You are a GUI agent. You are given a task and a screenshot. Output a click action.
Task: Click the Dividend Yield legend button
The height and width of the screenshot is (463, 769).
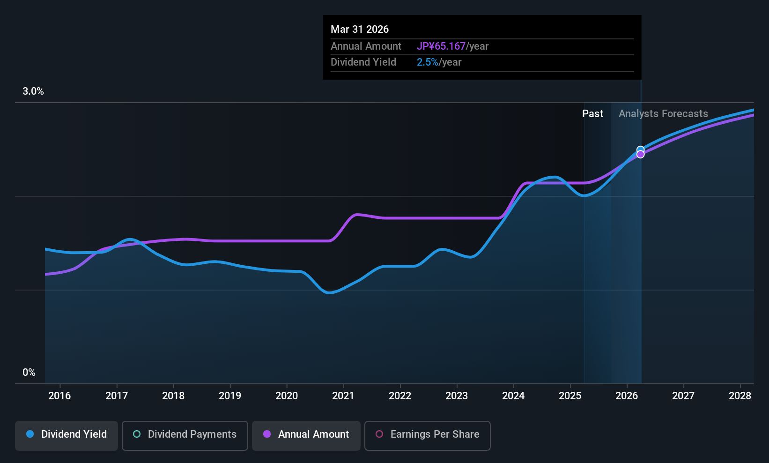click(x=67, y=434)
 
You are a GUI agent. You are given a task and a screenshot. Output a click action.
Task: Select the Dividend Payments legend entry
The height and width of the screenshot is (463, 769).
click(x=185, y=434)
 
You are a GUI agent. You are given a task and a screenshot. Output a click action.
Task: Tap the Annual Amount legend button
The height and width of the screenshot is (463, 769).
click(x=306, y=434)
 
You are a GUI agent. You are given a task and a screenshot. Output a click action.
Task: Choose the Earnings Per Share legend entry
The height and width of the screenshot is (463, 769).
click(x=427, y=434)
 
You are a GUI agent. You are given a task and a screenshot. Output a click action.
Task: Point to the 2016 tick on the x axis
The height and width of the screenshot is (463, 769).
click(x=59, y=396)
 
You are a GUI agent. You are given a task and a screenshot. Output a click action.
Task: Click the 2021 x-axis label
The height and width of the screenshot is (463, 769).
click(x=343, y=396)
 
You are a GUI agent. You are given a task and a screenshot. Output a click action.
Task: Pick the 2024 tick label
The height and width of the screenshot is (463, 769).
click(x=513, y=396)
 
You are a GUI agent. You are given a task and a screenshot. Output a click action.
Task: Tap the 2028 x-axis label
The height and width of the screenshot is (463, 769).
click(x=740, y=396)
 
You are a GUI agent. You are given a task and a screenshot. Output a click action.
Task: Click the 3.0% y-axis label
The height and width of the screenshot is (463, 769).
click(x=33, y=91)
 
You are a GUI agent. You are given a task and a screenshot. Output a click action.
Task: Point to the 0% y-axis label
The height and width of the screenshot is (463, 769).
click(x=29, y=373)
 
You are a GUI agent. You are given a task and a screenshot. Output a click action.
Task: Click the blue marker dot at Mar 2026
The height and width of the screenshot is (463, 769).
click(x=640, y=149)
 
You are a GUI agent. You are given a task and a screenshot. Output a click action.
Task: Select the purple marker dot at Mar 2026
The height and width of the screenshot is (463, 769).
click(x=640, y=155)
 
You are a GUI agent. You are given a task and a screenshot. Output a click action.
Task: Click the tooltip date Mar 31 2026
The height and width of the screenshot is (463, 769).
click(x=360, y=30)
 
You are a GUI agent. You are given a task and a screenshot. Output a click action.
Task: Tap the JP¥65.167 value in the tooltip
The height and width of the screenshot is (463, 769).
click(x=441, y=46)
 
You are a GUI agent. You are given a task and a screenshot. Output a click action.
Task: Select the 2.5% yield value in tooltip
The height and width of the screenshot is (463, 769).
click(x=428, y=62)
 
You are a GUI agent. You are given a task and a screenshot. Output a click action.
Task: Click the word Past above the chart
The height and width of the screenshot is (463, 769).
click(x=592, y=114)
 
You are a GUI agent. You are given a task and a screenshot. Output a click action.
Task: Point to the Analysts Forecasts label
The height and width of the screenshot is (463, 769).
click(x=663, y=114)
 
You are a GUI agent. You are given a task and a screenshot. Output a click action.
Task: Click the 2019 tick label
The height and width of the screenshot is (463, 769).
click(x=230, y=396)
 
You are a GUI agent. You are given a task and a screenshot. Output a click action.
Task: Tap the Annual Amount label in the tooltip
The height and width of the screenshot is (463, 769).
click(x=366, y=46)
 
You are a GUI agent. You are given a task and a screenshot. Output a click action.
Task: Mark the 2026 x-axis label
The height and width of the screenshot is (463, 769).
click(x=627, y=396)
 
